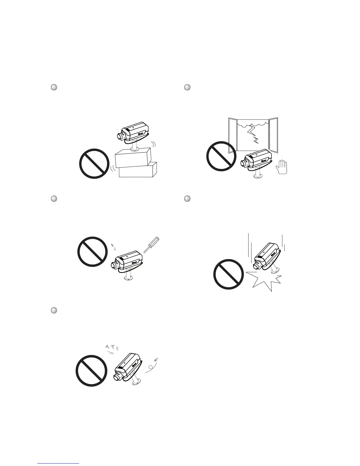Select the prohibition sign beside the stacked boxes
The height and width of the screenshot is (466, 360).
(x=94, y=164)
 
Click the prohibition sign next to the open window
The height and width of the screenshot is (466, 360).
(x=221, y=156)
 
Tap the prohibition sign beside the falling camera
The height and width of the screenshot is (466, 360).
(x=228, y=274)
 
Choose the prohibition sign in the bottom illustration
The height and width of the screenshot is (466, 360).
(x=91, y=371)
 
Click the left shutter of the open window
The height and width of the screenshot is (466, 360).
(x=233, y=135)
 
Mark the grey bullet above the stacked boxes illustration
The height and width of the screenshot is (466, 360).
(x=54, y=87)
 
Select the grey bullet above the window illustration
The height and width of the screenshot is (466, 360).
(x=187, y=87)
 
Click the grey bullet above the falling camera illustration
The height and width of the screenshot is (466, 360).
(x=187, y=199)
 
